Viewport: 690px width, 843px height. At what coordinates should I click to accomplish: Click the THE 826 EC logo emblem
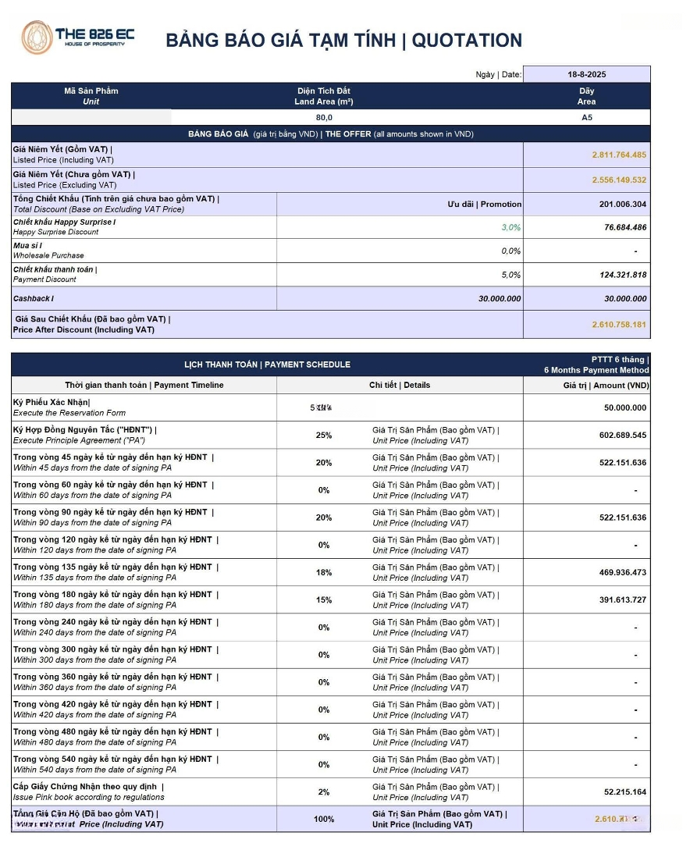click(x=37, y=37)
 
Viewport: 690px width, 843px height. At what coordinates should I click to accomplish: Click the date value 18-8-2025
click(x=587, y=75)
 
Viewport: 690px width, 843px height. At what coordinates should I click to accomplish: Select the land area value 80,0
click(x=324, y=118)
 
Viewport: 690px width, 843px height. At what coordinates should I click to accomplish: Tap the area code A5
click(x=587, y=118)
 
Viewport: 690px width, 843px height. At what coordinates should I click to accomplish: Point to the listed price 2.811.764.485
click(x=619, y=155)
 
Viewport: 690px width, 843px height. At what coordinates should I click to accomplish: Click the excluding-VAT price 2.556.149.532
click(x=619, y=180)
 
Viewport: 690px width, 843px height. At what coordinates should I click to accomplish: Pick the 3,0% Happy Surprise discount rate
click(x=510, y=227)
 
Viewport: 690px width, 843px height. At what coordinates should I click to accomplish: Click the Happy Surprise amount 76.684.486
click(x=615, y=227)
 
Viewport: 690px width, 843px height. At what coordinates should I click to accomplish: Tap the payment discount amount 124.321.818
click(x=615, y=275)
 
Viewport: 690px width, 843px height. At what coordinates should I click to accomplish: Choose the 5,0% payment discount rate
click(x=510, y=275)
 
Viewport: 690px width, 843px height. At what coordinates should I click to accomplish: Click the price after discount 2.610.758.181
click(x=619, y=324)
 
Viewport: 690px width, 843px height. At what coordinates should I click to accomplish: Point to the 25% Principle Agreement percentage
click(x=324, y=436)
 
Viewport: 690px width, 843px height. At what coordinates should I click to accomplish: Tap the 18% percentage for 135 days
click(x=324, y=573)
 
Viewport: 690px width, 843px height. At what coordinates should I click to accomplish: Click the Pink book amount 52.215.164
click(x=625, y=791)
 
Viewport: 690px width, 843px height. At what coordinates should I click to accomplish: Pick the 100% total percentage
click(x=324, y=819)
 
